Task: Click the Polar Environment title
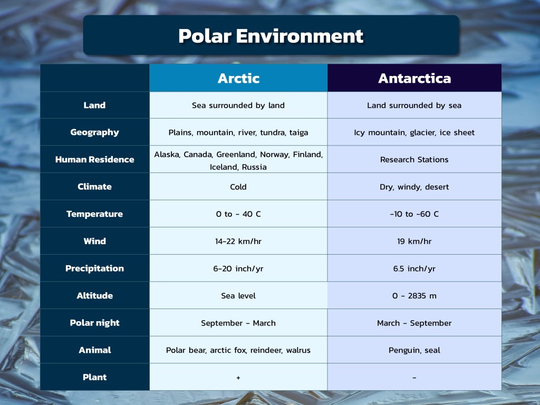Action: (271, 36)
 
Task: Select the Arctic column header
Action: (238, 78)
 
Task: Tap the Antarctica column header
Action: (414, 78)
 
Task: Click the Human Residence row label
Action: (95, 159)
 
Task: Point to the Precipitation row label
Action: (95, 268)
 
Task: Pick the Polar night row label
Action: (95, 323)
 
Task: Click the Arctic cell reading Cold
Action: (238, 187)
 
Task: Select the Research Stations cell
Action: (414, 159)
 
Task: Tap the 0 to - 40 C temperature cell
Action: (238, 214)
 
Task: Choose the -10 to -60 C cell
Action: (414, 214)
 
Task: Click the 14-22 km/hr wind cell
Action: (238, 241)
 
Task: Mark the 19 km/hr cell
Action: (414, 241)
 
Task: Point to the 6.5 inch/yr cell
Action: (414, 268)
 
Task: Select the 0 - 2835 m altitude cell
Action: (414, 296)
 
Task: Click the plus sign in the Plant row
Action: (238, 378)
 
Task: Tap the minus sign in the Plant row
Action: (414, 378)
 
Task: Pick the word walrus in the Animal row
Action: (298, 350)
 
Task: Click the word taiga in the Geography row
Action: (298, 132)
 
